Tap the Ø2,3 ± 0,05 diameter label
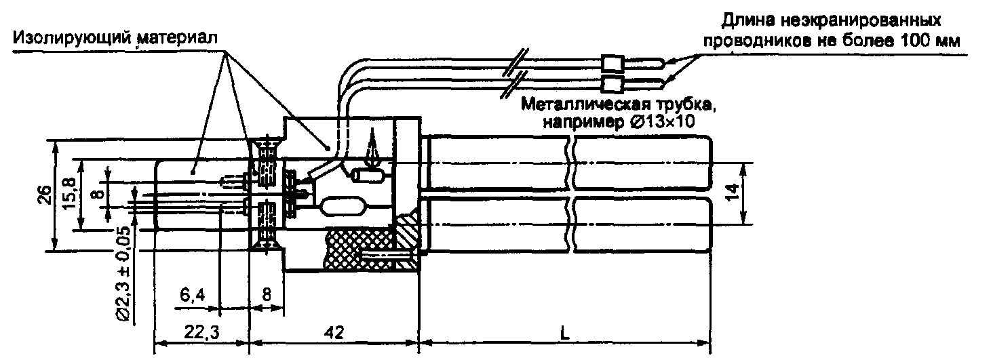(122, 274)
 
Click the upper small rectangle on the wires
(612, 63)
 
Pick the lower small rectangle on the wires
(612, 85)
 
